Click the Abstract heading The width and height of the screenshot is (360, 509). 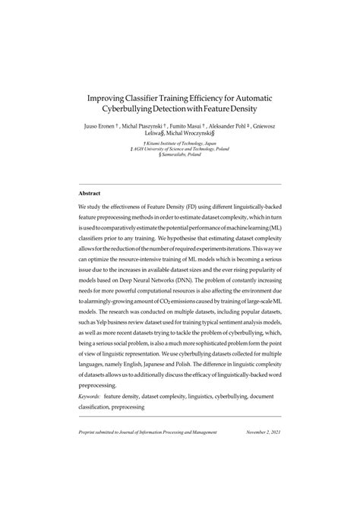pyautogui.click(x=90, y=193)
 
